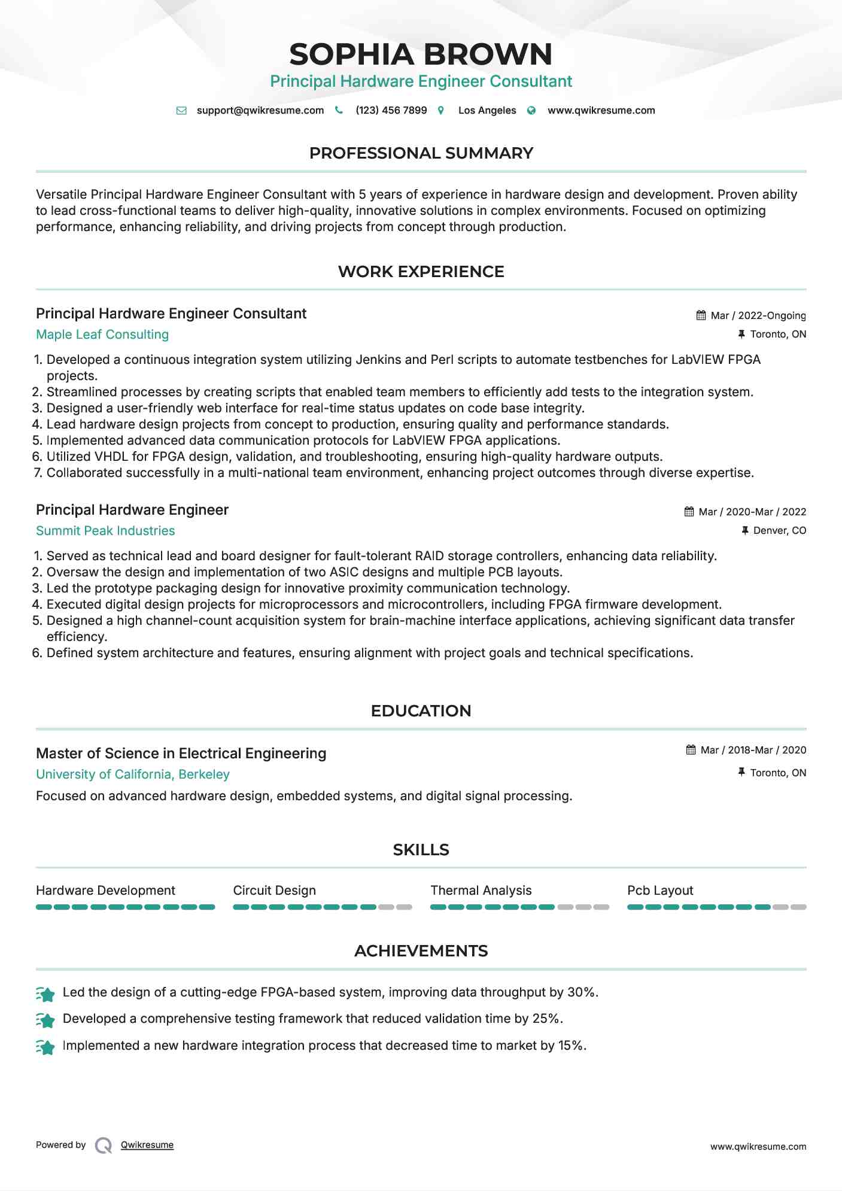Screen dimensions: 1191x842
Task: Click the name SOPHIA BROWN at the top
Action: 421,54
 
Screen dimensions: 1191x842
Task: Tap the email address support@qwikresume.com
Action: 260,110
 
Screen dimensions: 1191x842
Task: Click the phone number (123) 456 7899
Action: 391,110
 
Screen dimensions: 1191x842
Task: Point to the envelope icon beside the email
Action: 181,111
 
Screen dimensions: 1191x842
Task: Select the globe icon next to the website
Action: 531,111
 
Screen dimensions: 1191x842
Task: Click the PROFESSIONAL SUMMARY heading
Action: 421,153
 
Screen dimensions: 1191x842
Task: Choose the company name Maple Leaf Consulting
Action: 102,335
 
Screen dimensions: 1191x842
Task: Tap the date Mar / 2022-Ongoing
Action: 758,315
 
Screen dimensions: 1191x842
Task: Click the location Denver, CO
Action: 779,530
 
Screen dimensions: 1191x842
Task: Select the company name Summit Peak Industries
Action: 105,531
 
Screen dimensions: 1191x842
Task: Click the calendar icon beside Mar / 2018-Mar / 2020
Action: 691,750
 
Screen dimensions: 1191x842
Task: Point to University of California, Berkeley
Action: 133,774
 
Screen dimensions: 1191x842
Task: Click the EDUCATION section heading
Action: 421,711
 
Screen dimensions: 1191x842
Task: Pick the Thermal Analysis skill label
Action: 481,891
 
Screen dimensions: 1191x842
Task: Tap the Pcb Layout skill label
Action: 660,891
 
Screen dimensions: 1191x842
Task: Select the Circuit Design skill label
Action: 274,891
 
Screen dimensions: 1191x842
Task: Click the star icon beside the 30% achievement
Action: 45,994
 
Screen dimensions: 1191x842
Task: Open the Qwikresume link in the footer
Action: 147,1145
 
